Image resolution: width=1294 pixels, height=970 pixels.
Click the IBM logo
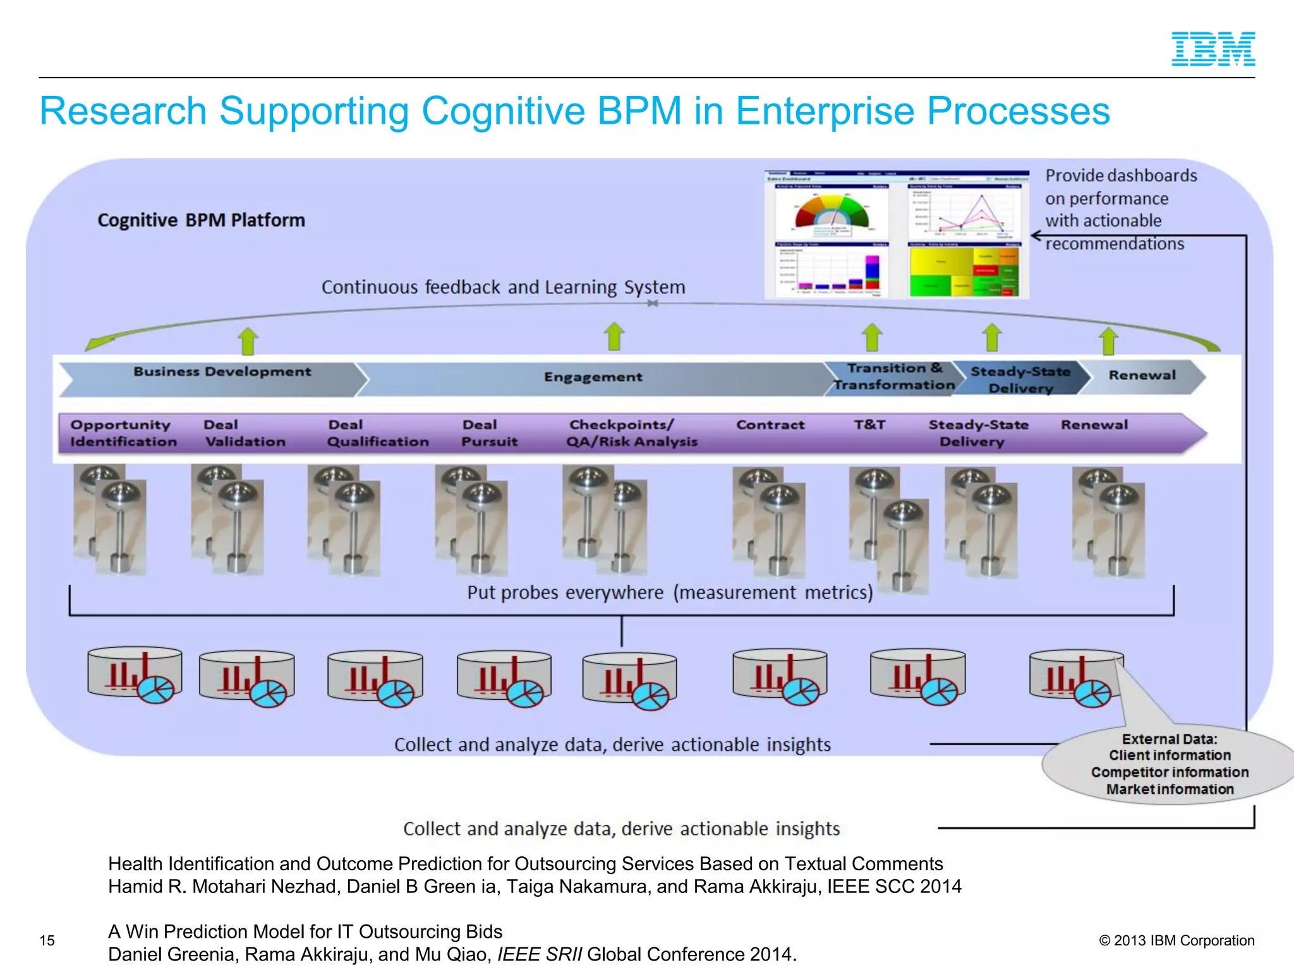pyautogui.click(x=1212, y=49)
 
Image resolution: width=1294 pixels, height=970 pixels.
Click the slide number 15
pyautogui.click(x=47, y=940)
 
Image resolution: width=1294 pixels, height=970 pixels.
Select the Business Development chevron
pyautogui.click(x=215, y=377)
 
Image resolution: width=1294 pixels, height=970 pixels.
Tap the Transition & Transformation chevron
pyautogui.click(x=893, y=377)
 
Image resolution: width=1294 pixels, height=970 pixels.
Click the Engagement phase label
pyautogui.click(x=593, y=377)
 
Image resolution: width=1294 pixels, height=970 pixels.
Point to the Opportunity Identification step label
pyautogui.click(x=123, y=433)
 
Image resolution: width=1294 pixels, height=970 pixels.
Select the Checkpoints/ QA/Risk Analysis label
pyautogui.click(x=631, y=433)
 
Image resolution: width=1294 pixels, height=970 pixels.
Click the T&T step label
pyautogui.click(x=869, y=425)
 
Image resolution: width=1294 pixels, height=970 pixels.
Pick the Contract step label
pyautogui.click(x=770, y=425)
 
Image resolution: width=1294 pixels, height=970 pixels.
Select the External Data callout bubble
pyautogui.click(x=1169, y=764)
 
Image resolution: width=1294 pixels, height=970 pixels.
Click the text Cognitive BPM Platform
pyautogui.click(x=201, y=220)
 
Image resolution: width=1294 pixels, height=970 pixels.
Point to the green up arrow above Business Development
pyautogui.click(x=248, y=341)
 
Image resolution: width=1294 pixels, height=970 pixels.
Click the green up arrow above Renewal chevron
pyautogui.click(x=1108, y=341)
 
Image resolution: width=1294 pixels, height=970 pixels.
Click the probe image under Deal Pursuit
pyautogui.click(x=473, y=521)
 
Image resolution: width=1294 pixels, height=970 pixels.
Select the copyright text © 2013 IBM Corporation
pyautogui.click(x=1176, y=940)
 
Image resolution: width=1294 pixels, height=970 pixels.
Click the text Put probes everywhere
pyautogui.click(x=565, y=592)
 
